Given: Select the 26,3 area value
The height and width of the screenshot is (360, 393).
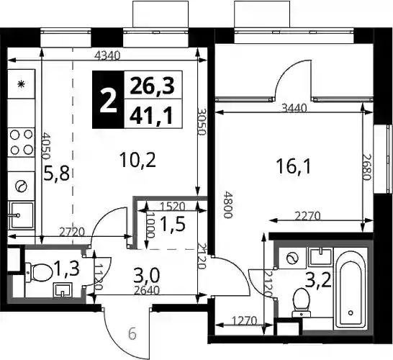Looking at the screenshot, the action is click(x=153, y=86).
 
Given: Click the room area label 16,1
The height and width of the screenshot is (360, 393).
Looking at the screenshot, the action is click(x=294, y=167).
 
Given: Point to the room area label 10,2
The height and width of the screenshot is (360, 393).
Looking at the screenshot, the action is click(x=137, y=160).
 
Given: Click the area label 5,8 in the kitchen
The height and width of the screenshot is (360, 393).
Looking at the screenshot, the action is click(x=56, y=174).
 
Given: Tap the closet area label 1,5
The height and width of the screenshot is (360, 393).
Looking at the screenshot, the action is click(x=173, y=224).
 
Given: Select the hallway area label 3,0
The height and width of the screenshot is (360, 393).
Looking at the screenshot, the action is click(x=147, y=275).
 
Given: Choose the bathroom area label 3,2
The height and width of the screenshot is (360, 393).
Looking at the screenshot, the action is click(x=318, y=280).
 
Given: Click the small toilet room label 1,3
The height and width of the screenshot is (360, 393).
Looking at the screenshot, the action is click(x=66, y=269).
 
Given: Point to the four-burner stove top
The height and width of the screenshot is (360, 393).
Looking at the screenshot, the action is click(x=22, y=143).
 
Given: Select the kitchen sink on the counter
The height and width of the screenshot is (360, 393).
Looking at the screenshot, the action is click(x=22, y=215).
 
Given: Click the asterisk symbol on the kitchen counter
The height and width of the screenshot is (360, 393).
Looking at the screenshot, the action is click(x=22, y=84).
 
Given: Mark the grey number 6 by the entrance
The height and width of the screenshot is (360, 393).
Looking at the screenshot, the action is click(x=132, y=334).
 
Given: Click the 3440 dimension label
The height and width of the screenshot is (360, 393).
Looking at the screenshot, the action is click(x=294, y=108).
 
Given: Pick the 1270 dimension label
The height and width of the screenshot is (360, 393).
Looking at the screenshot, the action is click(x=245, y=321).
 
